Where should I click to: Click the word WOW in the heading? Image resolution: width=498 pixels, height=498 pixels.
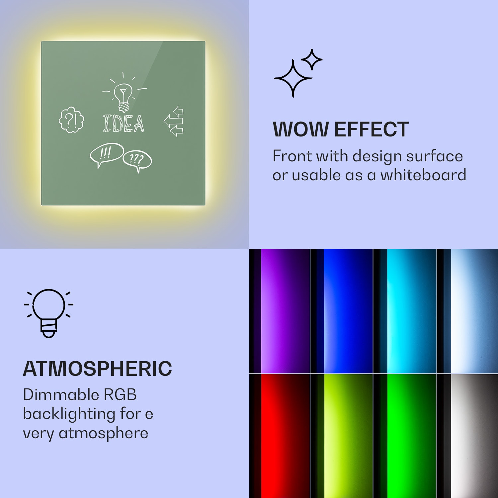pos(301,129)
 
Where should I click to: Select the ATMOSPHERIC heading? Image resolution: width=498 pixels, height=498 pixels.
pos(97,369)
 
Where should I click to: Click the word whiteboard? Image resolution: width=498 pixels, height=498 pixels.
pos(423,175)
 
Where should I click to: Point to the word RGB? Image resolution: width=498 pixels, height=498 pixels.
pos(120,395)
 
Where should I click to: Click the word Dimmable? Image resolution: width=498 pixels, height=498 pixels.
pos(61,395)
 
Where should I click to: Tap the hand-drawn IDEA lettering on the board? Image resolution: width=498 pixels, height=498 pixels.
pos(124,124)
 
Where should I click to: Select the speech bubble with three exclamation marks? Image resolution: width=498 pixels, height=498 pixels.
pos(106,154)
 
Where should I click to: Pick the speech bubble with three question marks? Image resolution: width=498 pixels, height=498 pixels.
pos(137,161)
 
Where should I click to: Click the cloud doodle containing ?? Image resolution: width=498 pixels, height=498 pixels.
pos(71,120)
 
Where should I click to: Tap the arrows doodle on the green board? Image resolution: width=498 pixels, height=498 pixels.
pos(174,122)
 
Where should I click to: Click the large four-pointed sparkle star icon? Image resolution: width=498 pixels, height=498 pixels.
pos(292,79)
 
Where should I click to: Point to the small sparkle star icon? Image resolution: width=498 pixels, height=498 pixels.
pos(311,59)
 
